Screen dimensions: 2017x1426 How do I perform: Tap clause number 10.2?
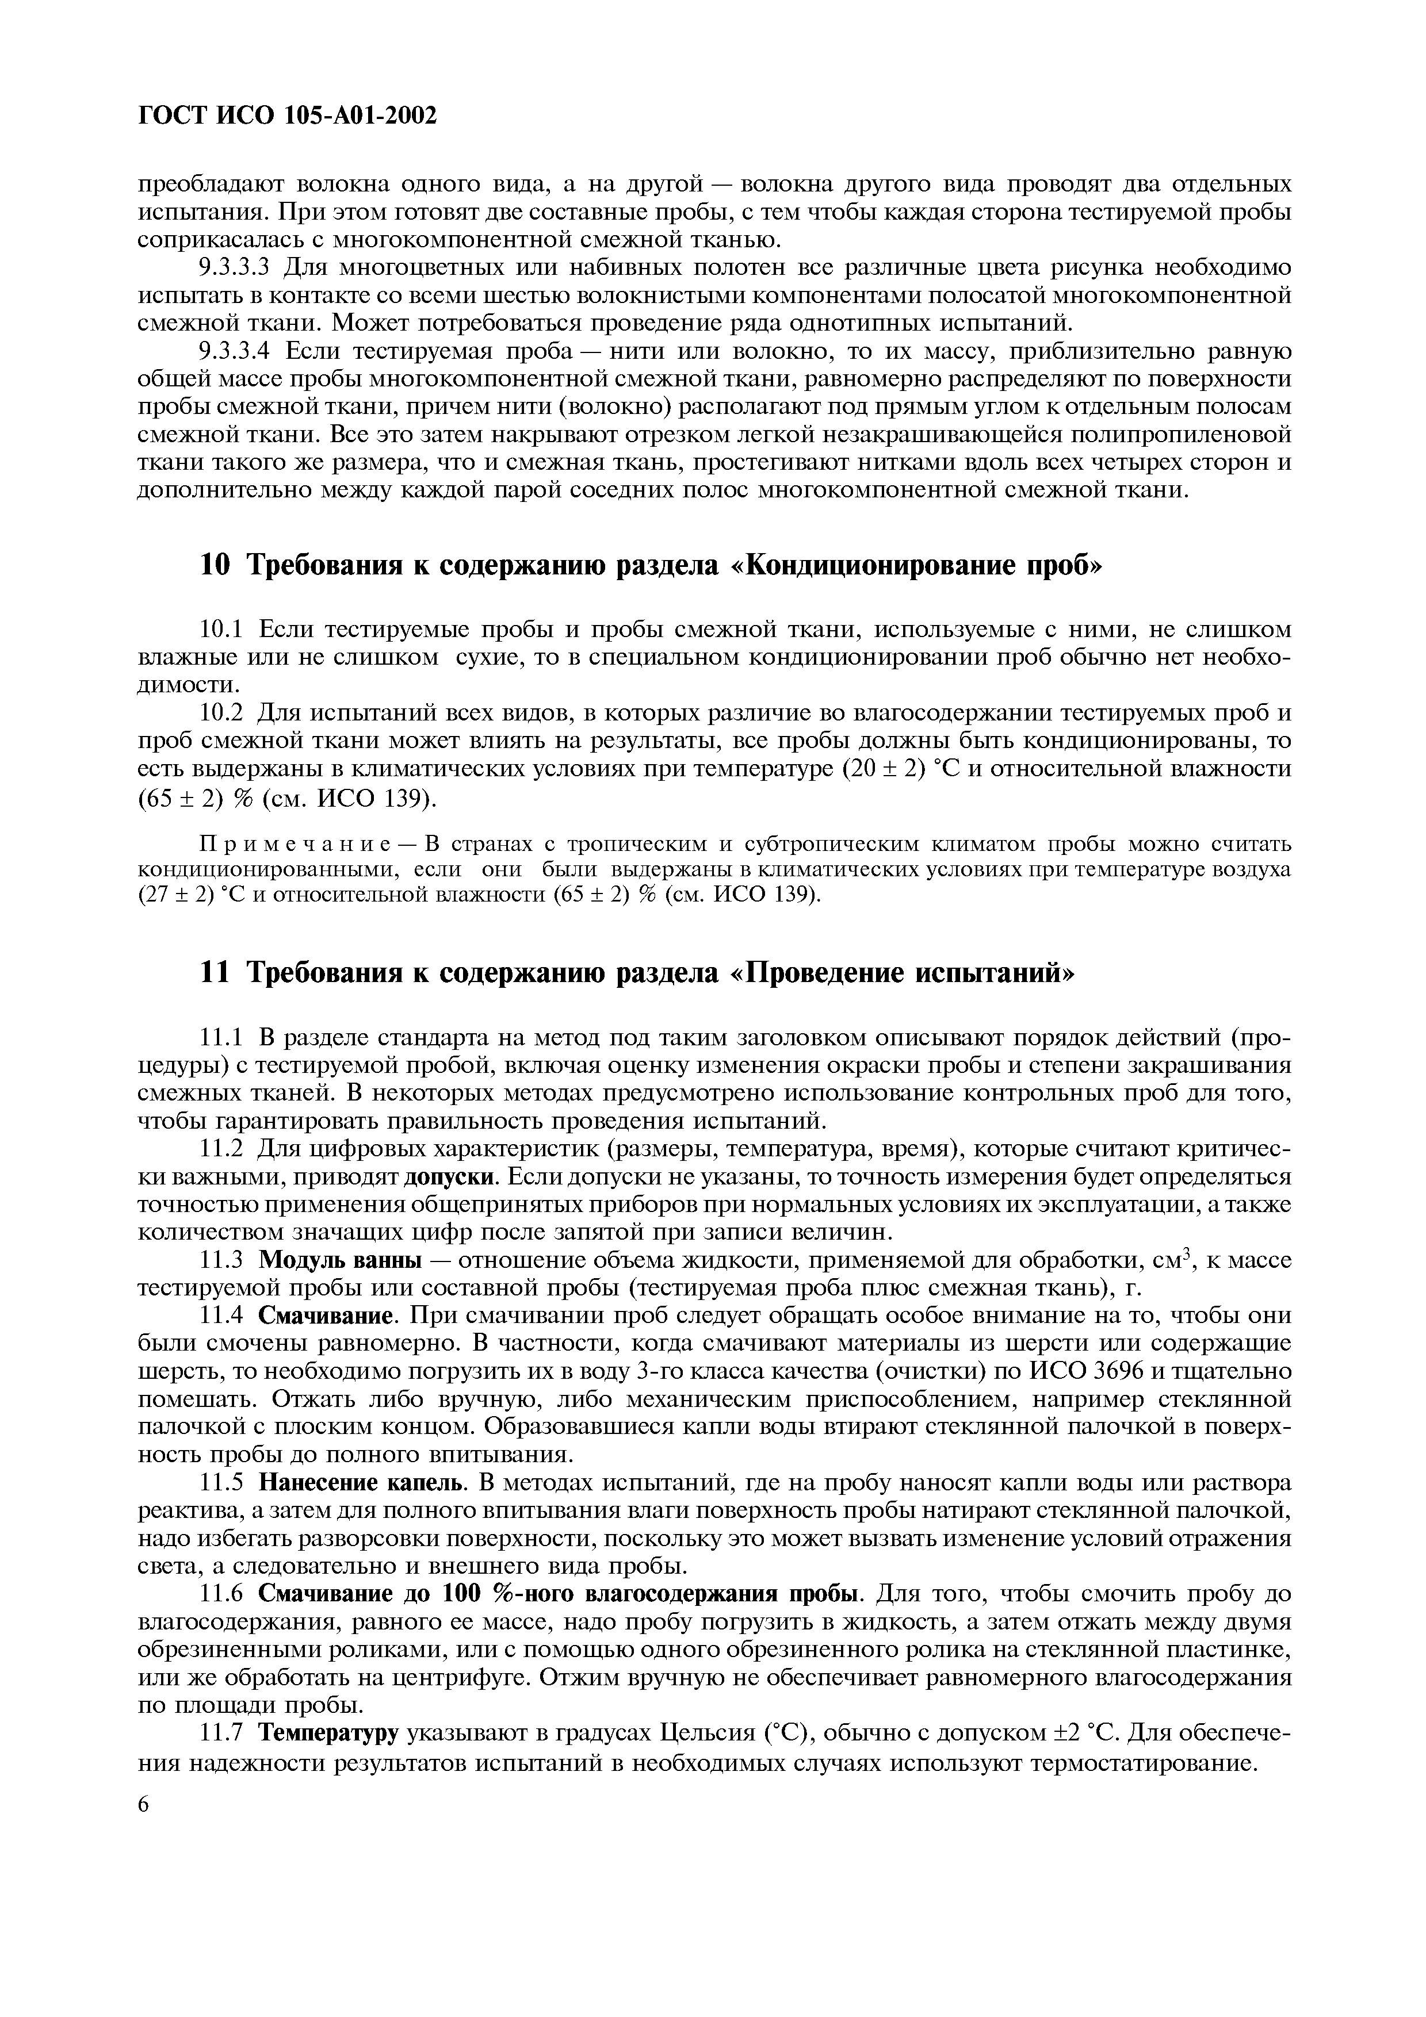tap(224, 714)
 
